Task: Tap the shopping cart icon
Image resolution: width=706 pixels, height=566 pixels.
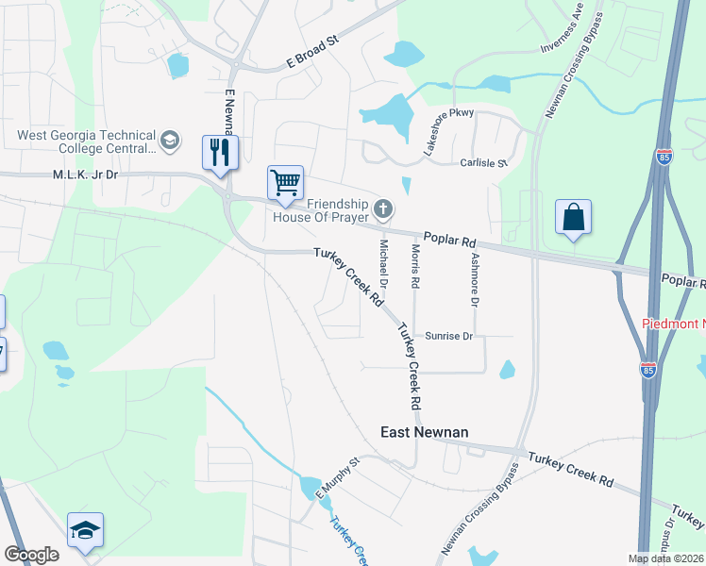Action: [x=284, y=182]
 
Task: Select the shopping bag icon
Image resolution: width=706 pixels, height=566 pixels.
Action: [x=573, y=217]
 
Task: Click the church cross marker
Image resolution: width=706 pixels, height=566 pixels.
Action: [x=382, y=208]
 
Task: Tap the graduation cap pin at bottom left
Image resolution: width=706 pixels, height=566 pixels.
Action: [x=85, y=531]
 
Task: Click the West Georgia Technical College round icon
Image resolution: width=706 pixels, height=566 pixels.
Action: [x=170, y=141]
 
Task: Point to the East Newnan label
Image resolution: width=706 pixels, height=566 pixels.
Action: [x=424, y=432]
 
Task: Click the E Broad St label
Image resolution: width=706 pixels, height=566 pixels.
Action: [x=312, y=54]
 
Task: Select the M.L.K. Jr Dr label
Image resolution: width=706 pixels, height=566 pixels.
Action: [x=85, y=175]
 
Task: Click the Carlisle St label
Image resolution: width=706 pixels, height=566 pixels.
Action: [x=483, y=163]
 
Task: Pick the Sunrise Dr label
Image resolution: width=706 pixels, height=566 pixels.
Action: [x=448, y=335]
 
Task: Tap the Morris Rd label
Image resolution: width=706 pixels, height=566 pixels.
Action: [x=413, y=265]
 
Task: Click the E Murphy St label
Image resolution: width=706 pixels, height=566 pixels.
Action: [x=338, y=477]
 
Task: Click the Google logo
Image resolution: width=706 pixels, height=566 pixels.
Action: [x=31, y=555]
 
